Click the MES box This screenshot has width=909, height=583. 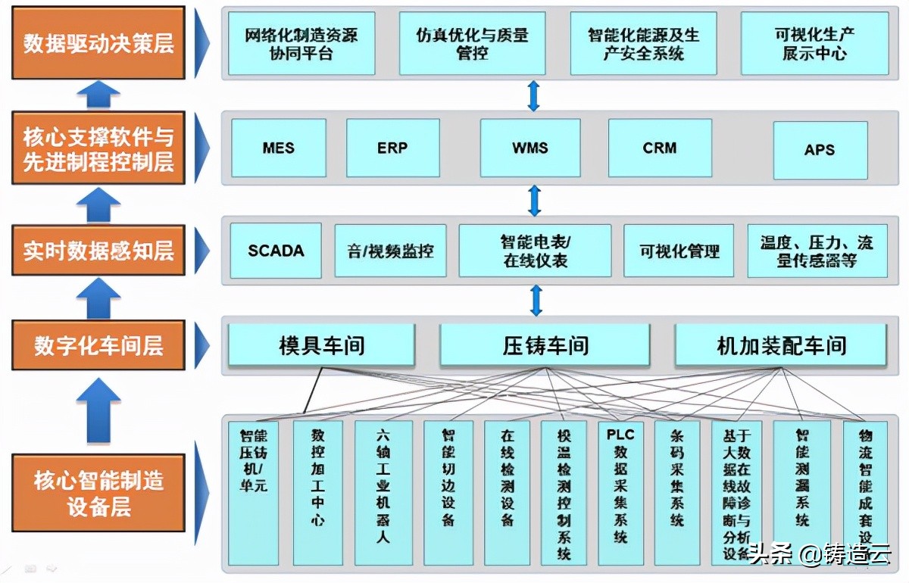[x=279, y=148]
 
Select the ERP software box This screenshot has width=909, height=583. [x=392, y=148]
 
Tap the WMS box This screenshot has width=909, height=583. [x=529, y=148]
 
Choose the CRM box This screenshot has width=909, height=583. [x=659, y=148]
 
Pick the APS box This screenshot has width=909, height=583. [x=820, y=150]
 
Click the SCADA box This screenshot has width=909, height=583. [x=276, y=250]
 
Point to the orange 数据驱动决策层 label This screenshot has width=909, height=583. [x=98, y=43]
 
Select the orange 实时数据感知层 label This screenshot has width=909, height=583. [x=98, y=251]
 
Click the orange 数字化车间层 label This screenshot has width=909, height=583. [x=98, y=345]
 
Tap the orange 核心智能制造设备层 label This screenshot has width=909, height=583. [x=98, y=493]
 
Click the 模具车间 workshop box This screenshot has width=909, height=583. [x=322, y=346]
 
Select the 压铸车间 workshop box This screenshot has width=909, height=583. [x=545, y=346]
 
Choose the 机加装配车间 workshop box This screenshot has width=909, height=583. [x=781, y=346]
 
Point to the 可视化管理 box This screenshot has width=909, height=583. [x=679, y=251]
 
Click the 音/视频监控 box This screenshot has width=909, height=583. [x=390, y=251]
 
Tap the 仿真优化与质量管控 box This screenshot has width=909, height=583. [x=472, y=43]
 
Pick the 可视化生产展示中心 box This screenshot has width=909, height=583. [x=814, y=43]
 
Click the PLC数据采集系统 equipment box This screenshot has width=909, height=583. [x=620, y=492]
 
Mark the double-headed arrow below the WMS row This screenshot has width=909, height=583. [x=535, y=201]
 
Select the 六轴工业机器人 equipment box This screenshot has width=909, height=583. [x=383, y=492]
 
